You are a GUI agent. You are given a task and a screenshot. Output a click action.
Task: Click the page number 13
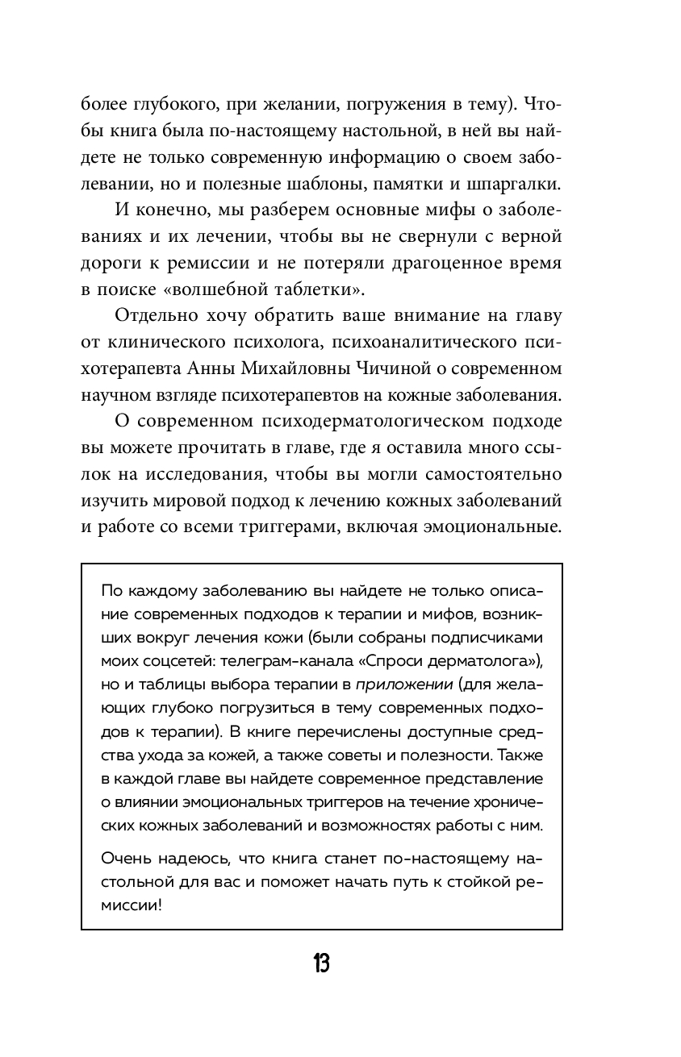pos(321,963)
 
